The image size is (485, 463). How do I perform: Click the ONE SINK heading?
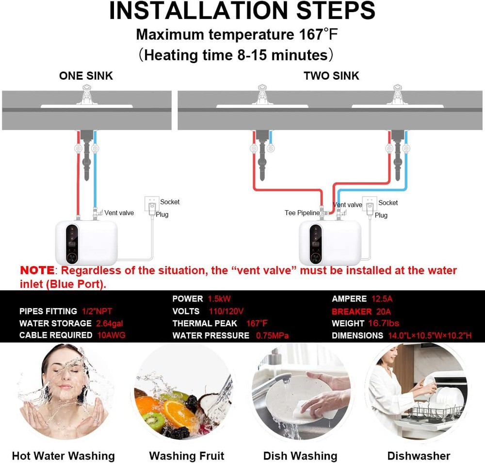click(86, 76)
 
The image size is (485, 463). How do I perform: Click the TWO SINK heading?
click(331, 76)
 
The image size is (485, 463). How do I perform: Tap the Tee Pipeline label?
click(302, 213)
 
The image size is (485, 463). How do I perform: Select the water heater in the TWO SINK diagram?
click(330, 242)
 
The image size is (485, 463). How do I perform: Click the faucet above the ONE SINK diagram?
click(87, 95)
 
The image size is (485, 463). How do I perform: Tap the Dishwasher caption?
click(419, 456)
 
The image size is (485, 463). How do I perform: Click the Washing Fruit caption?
click(187, 456)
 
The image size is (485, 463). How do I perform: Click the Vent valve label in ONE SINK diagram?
click(119, 213)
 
